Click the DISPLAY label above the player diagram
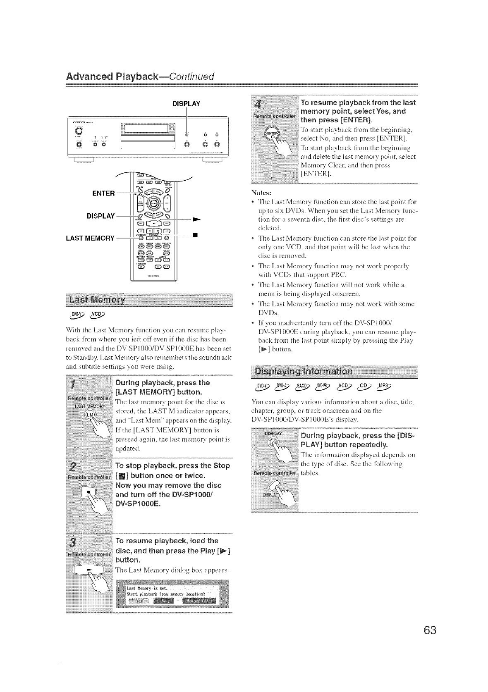click(186, 103)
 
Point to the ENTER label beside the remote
click(103, 193)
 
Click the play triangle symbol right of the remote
click(197, 217)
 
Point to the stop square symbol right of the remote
click(196, 236)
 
